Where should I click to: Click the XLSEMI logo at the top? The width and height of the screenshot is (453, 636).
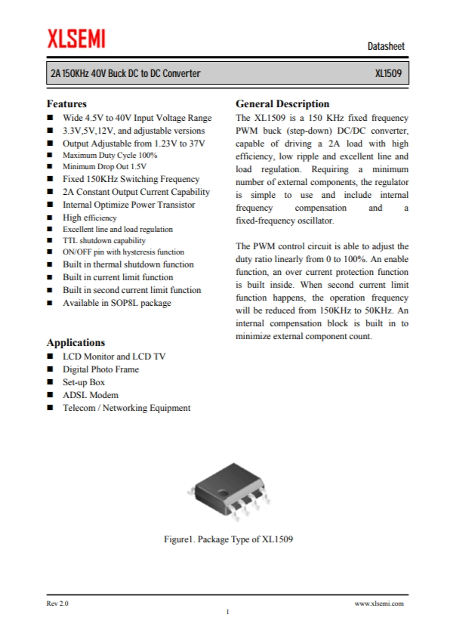point(75,37)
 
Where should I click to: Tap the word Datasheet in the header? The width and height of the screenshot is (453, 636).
point(386,47)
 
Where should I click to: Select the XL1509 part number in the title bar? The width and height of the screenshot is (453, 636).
point(389,75)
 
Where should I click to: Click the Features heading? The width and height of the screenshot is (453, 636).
point(66,103)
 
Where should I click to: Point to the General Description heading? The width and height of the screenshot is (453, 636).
point(282,103)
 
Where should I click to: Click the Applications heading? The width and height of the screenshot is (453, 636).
point(75,342)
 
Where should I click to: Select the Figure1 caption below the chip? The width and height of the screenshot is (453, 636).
point(228,539)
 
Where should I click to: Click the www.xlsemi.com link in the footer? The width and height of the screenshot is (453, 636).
point(379,604)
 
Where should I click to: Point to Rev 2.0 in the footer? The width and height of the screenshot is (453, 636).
point(57,604)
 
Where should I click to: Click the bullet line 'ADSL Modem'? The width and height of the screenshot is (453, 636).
point(90,395)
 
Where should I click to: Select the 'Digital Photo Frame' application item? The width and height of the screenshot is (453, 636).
point(100,369)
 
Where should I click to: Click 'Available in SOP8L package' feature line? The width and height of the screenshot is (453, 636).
point(116,303)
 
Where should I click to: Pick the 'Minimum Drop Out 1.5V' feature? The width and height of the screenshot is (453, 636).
point(104,166)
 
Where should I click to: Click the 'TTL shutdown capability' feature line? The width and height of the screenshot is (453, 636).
point(103,240)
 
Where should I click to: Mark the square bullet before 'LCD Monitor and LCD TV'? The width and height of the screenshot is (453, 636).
point(50,357)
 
